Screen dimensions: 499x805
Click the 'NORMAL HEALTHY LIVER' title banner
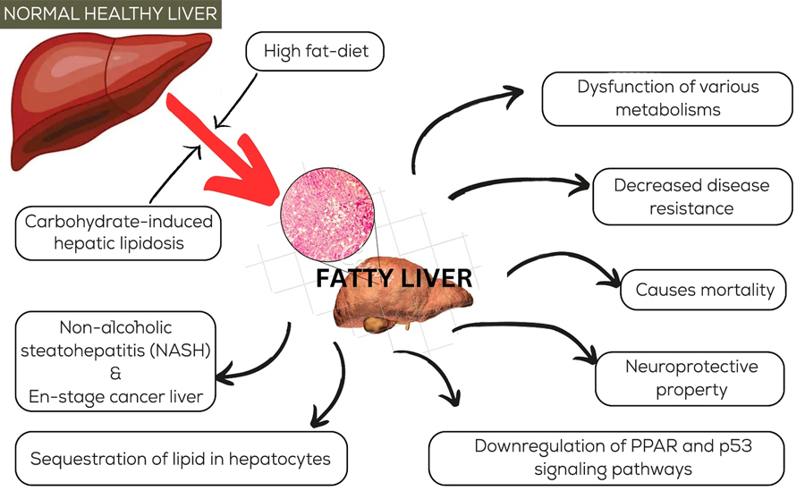click(112, 15)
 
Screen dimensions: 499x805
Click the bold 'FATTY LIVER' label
click(394, 278)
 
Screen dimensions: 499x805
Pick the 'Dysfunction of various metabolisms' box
click(667, 98)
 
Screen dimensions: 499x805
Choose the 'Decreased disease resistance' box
click(691, 196)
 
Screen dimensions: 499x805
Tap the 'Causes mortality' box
click(704, 290)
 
